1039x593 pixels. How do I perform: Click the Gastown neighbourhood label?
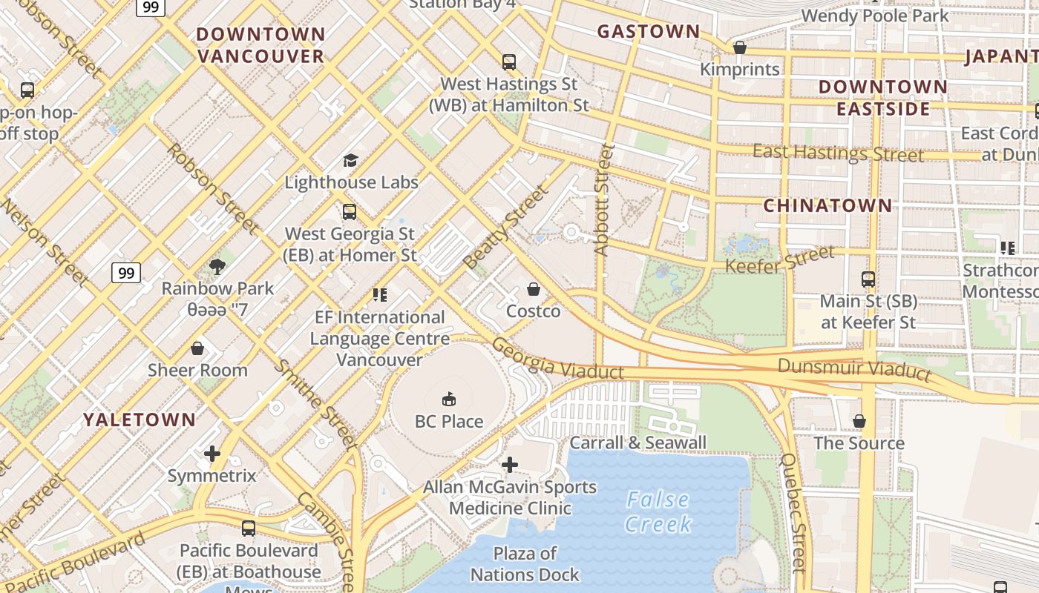point(649,31)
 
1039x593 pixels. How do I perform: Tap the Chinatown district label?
point(827,205)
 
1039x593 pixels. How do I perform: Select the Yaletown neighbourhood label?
point(140,420)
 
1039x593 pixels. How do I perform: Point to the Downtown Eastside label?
point(882,98)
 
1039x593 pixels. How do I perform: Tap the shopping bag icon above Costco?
point(533,289)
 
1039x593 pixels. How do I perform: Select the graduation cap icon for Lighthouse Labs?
point(350,160)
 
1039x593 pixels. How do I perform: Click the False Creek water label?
point(658,511)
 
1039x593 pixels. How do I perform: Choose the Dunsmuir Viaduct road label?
point(853,368)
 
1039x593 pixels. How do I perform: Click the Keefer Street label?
point(779,260)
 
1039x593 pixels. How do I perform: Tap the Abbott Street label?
point(603,200)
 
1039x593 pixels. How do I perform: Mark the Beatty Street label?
point(506,227)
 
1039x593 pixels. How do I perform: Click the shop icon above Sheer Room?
point(197,348)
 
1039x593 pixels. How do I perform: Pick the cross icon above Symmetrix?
point(212,454)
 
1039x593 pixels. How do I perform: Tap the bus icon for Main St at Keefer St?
point(868,279)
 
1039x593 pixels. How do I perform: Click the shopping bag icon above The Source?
point(859,422)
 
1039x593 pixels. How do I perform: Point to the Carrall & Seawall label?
point(638,443)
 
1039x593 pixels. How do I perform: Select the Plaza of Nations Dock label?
point(525,563)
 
